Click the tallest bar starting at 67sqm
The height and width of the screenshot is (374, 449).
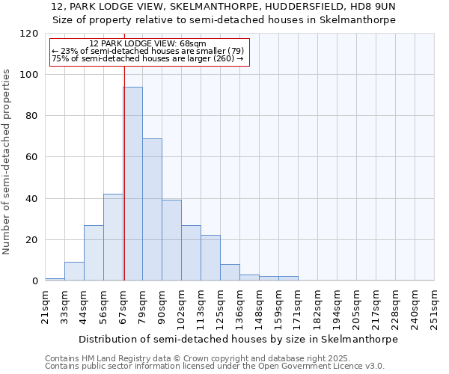pyautogui.click(x=132, y=184)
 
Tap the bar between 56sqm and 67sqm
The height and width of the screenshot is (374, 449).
pyautogui.click(x=113, y=237)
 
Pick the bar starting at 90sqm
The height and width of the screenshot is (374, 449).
pyautogui.click(x=171, y=240)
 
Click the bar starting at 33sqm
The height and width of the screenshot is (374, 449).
pyautogui.click(x=74, y=272)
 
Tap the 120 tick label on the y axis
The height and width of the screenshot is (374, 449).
pyautogui.click(x=29, y=34)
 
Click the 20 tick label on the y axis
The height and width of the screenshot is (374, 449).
pyautogui.click(x=32, y=240)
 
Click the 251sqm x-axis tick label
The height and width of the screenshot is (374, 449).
pyautogui.click(x=435, y=307)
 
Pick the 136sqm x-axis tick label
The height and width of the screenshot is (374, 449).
pyautogui.click(x=240, y=307)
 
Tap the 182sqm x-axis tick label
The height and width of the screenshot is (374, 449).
pyautogui.click(x=318, y=307)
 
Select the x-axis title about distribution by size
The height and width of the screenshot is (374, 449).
pyautogui.click(x=239, y=339)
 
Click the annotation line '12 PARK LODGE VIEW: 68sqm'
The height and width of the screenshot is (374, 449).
pyautogui.click(x=147, y=44)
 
